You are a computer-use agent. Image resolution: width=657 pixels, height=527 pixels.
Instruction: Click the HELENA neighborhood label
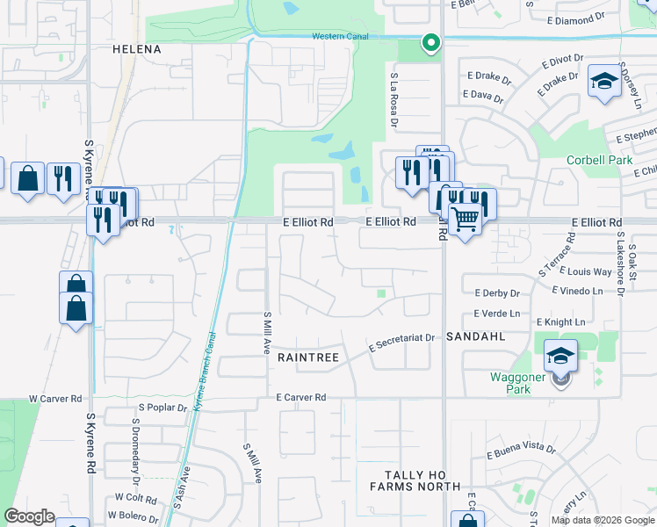[137, 49]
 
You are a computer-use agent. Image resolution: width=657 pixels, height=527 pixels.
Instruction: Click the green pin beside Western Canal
[430, 41]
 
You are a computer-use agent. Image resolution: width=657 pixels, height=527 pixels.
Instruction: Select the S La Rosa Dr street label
[394, 98]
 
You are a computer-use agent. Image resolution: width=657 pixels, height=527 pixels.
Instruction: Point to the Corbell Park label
[599, 162]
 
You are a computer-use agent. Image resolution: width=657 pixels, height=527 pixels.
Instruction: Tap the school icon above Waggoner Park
[560, 355]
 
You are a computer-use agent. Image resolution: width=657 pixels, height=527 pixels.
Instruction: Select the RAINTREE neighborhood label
[308, 357]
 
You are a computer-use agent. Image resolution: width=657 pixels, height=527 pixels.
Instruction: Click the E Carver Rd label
[300, 398]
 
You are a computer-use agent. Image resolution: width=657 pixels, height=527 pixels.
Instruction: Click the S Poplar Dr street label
[163, 408]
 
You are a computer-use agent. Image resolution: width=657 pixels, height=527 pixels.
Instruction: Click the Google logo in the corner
[29, 516]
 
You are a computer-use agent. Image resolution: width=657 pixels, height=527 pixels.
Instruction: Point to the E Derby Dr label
[497, 293]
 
